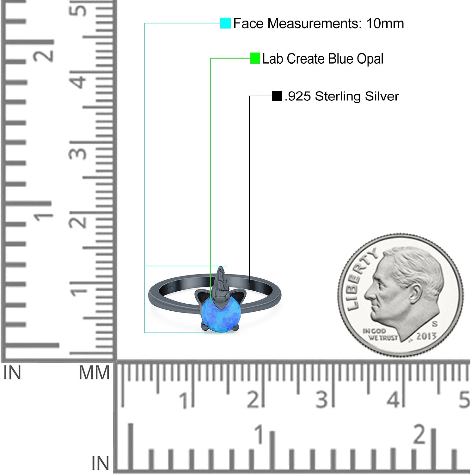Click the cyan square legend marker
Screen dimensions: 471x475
pos(225,23)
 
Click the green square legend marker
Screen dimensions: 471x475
pos(255,58)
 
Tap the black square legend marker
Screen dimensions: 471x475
pos(277,96)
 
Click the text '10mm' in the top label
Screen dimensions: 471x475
pos(385,23)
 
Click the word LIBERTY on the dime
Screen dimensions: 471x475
pos(360,278)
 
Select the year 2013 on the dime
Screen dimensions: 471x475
pos(426,336)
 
